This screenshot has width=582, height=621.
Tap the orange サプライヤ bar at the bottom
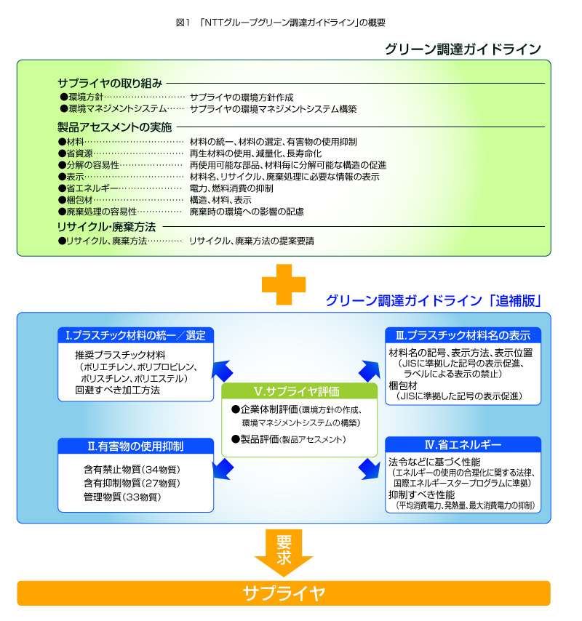click(x=284, y=593)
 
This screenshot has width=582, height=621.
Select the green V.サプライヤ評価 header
click(x=300, y=390)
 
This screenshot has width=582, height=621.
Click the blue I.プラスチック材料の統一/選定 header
click(x=136, y=335)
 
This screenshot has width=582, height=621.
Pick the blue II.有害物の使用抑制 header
click(x=136, y=445)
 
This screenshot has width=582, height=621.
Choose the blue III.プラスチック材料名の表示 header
click(x=463, y=335)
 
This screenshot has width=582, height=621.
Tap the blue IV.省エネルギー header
click(x=463, y=444)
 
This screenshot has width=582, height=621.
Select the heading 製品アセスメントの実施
click(x=114, y=127)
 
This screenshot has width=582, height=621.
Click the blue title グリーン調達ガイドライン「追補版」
click(x=433, y=300)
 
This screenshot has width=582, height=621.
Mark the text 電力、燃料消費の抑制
click(x=231, y=188)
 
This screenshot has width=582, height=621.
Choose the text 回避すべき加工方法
click(x=117, y=390)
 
